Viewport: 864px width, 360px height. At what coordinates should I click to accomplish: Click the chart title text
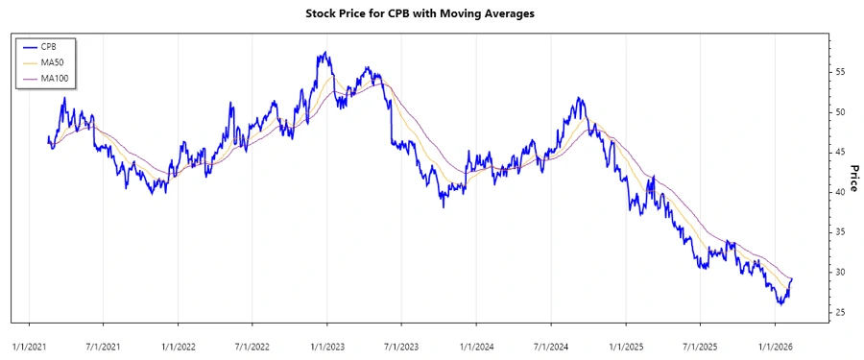(x=431, y=14)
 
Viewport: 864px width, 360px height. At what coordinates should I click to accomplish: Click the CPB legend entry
(x=49, y=46)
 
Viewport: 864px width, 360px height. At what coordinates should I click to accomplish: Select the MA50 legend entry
(x=52, y=61)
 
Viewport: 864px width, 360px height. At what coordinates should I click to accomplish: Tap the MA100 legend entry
(x=54, y=77)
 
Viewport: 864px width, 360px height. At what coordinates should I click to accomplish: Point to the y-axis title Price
(x=852, y=177)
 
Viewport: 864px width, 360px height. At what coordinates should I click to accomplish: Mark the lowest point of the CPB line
(x=780, y=304)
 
